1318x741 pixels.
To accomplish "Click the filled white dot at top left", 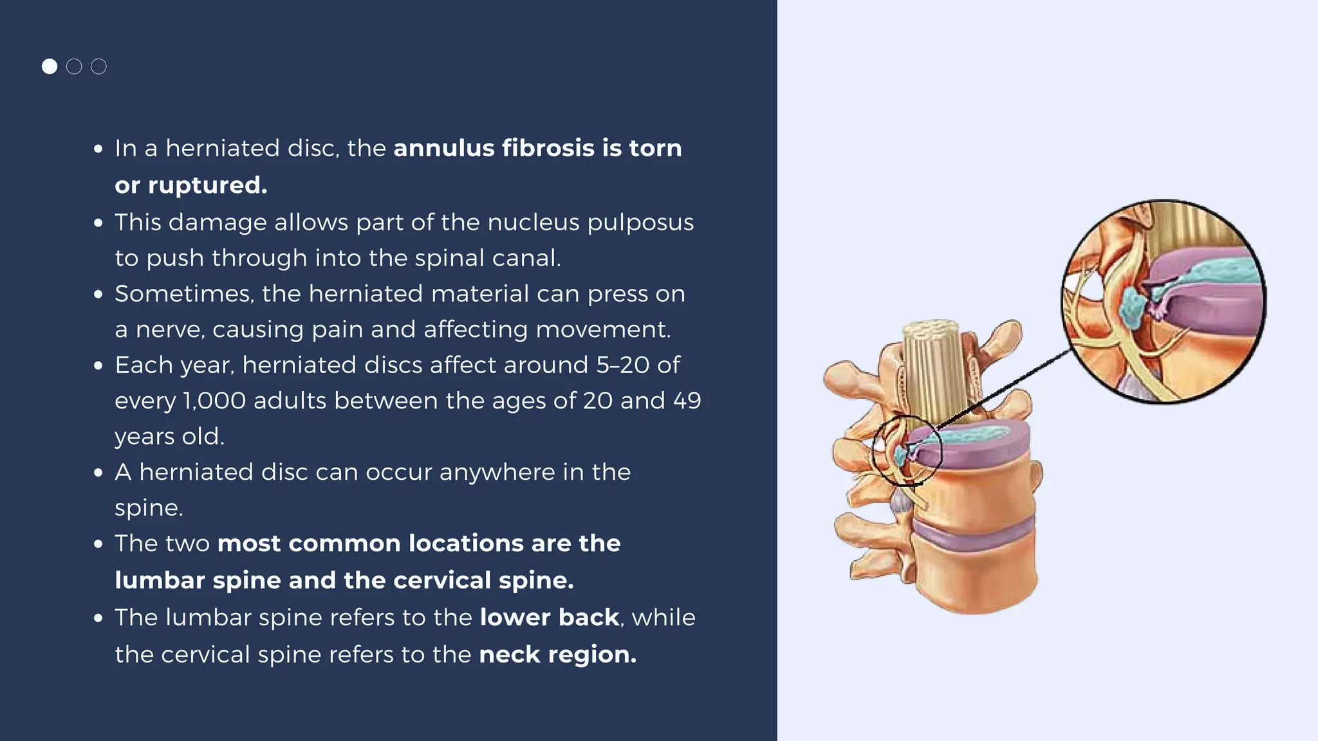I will (x=50, y=66).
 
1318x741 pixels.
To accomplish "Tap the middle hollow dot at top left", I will (x=74, y=66).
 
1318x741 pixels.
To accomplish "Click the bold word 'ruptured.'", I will (x=208, y=185).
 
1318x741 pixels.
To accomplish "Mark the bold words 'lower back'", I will (x=549, y=617).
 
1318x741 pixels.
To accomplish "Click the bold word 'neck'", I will (x=510, y=655).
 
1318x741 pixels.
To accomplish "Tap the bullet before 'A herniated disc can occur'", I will (x=98, y=473).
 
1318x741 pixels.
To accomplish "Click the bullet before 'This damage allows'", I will (x=98, y=223).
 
